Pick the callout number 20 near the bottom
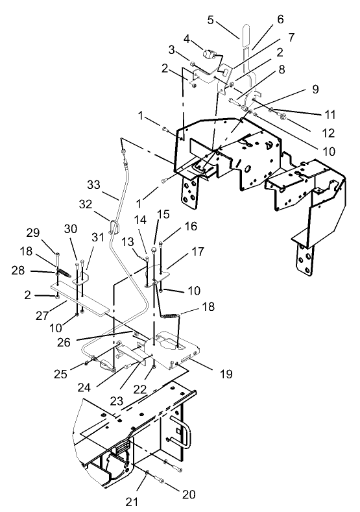[x=189, y=494]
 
